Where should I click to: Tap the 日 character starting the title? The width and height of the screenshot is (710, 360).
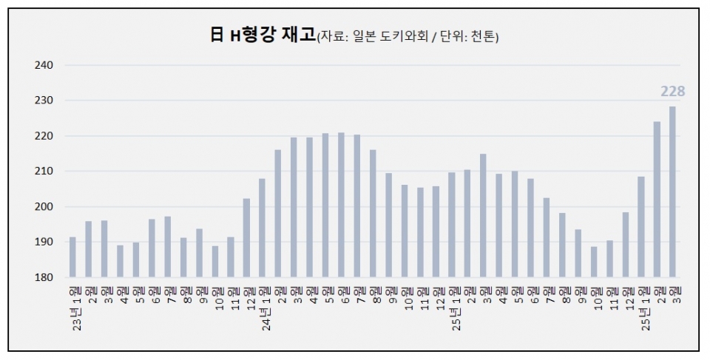pyautogui.click(x=216, y=35)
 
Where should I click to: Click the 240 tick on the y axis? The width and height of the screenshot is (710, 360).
pyautogui.click(x=44, y=65)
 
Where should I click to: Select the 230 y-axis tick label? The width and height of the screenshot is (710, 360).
pyautogui.click(x=44, y=101)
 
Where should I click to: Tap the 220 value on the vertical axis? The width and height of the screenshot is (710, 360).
pyautogui.click(x=44, y=136)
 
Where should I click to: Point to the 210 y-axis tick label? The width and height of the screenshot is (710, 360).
pyautogui.click(x=44, y=171)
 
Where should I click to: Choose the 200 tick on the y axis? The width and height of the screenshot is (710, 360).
pyautogui.click(x=44, y=206)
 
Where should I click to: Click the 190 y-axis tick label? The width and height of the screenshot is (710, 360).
pyautogui.click(x=44, y=242)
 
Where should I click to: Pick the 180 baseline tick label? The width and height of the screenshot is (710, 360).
pyautogui.click(x=44, y=277)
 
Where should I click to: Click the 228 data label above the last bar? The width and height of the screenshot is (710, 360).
pyautogui.click(x=672, y=92)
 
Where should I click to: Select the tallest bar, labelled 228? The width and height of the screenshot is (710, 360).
pyautogui.click(x=672, y=192)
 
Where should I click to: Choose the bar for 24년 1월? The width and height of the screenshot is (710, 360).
pyautogui.click(x=262, y=228)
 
